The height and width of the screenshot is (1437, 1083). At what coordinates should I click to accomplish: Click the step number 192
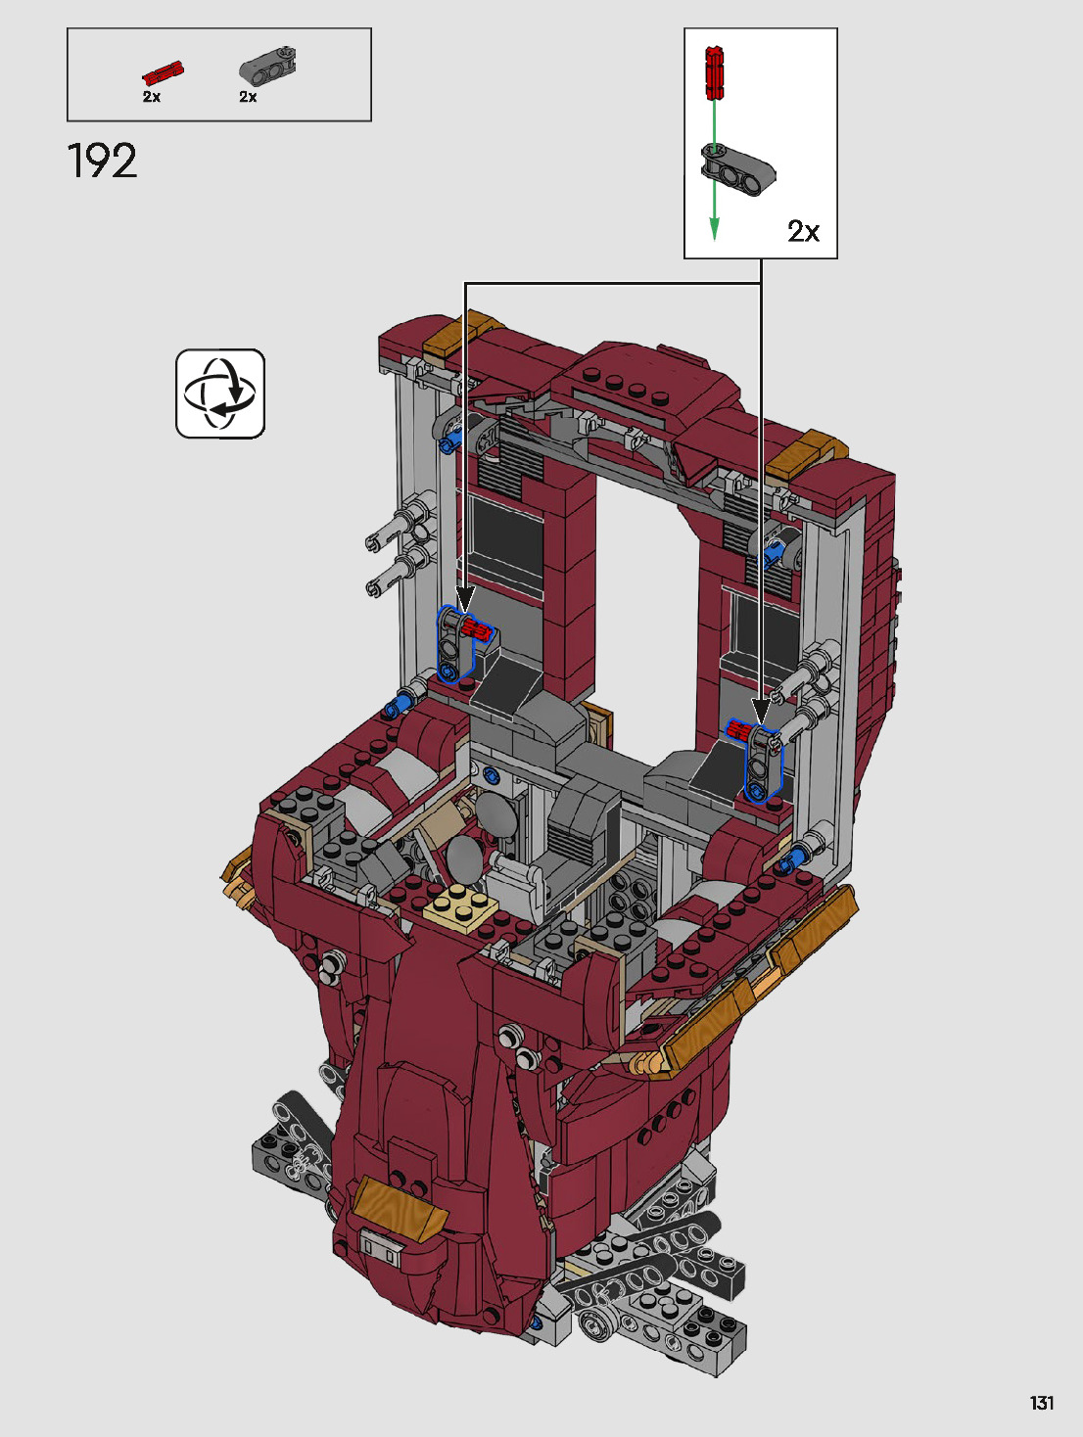click(x=102, y=161)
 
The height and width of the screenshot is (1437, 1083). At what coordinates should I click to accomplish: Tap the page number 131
click(x=1042, y=1403)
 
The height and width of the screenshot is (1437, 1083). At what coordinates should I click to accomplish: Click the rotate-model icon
click(x=220, y=394)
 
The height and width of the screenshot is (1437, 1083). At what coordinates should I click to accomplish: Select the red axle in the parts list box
click(x=164, y=72)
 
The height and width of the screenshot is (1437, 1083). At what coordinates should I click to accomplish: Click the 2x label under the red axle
click(x=151, y=96)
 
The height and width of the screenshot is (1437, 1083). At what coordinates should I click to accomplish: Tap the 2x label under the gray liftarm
click(x=248, y=96)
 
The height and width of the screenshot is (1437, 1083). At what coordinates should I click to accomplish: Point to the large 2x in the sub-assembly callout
click(x=803, y=231)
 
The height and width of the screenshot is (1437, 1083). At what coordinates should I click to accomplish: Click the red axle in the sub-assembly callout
click(x=714, y=72)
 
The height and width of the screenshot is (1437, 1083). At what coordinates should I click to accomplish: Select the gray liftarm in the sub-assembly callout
click(x=738, y=169)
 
